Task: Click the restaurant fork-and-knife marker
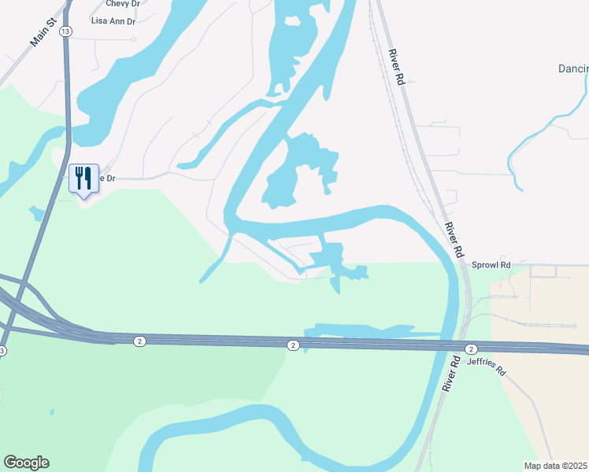tap(83, 178)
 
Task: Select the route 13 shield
tap(65, 31)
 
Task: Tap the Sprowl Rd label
tap(491, 265)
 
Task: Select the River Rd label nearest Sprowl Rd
tap(452, 241)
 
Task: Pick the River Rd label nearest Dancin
tap(396, 67)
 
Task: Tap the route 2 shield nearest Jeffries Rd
tap(470, 348)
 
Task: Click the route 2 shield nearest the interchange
tap(139, 341)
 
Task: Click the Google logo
tap(26, 462)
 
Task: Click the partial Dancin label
tap(573, 69)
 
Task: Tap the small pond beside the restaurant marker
tap(35, 212)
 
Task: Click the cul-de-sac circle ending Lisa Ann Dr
tap(135, 39)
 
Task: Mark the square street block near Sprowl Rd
tap(543, 271)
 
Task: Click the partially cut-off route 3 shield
tap(2, 351)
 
